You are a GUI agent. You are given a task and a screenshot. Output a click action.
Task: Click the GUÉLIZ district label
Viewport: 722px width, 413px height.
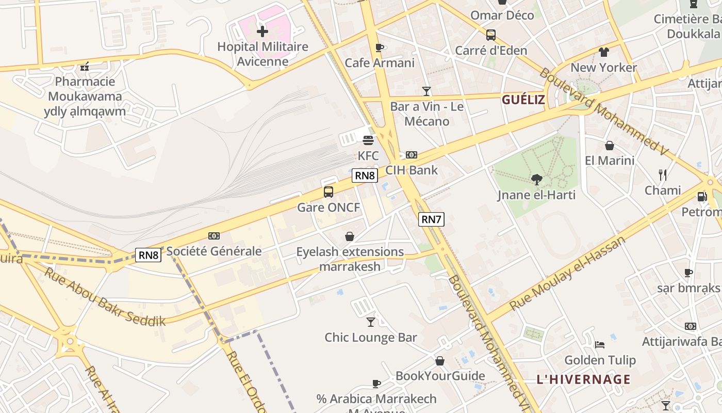pos(523,100)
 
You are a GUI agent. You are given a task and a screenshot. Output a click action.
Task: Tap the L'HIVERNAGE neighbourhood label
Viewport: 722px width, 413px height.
pos(583,379)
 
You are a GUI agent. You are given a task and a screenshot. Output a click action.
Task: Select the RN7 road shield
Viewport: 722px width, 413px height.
pos(431,219)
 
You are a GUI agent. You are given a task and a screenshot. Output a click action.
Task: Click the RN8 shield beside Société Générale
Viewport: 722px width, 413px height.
pos(148,255)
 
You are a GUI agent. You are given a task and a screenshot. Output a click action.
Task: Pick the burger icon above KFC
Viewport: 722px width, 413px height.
pos(368,140)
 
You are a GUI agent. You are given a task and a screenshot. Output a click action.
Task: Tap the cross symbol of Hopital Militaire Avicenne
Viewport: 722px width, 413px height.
pos(262,31)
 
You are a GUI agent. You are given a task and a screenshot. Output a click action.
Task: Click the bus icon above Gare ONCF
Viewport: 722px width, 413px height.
pos(329,192)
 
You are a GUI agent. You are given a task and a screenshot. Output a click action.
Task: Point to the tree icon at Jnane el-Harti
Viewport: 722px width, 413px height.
pos(537,180)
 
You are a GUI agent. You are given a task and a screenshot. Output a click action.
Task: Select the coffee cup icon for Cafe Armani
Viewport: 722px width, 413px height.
pos(380,48)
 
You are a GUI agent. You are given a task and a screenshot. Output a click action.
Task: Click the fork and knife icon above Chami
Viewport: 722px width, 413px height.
pos(663,175)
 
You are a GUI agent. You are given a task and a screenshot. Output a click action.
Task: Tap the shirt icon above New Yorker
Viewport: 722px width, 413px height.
pos(604,52)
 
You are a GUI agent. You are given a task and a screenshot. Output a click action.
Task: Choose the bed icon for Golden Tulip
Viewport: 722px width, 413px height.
pos(599,344)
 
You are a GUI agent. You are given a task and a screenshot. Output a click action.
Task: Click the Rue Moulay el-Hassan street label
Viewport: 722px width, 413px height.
pos(567,274)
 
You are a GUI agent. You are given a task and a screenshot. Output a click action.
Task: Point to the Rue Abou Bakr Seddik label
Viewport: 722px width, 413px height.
pos(105,297)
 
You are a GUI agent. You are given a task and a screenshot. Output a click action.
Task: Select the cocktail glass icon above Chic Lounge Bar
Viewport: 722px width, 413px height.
pos(371,322)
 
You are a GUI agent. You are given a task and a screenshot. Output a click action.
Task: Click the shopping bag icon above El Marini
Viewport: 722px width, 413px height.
pos(610,146)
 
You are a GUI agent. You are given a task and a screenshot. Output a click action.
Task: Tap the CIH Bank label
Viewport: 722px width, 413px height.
pos(412,170)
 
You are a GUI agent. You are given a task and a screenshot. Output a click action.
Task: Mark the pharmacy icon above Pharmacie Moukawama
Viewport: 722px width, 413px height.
pos(85,67)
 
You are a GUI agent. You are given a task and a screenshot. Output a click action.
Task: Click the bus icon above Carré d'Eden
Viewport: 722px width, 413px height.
pos(491,35)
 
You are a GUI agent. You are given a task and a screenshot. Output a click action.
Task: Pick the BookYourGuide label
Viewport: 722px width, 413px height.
pos(440,376)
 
